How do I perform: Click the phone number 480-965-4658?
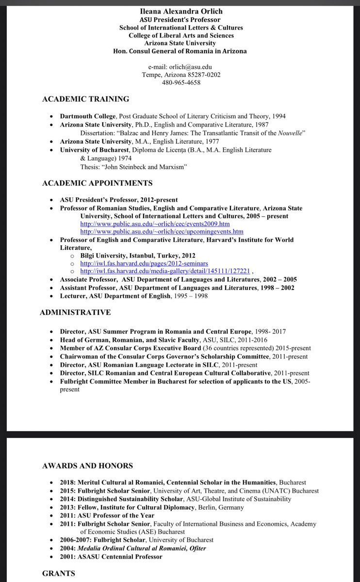click(x=181, y=82)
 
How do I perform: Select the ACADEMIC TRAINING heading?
click(x=86, y=99)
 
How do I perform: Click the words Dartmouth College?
click(x=88, y=116)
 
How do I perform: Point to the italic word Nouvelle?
click(x=291, y=133)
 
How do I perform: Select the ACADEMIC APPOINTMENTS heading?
click(x=97, y=183)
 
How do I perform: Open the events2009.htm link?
click(x=155, y=224)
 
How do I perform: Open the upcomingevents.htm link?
click(x=162, y=232)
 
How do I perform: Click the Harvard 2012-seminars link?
click(x=144, y=263)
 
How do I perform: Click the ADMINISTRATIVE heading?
click(x=75, y=312)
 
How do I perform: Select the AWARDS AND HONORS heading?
click(x=87, y=466)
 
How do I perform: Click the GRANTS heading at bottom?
click(x=59, y=573)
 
